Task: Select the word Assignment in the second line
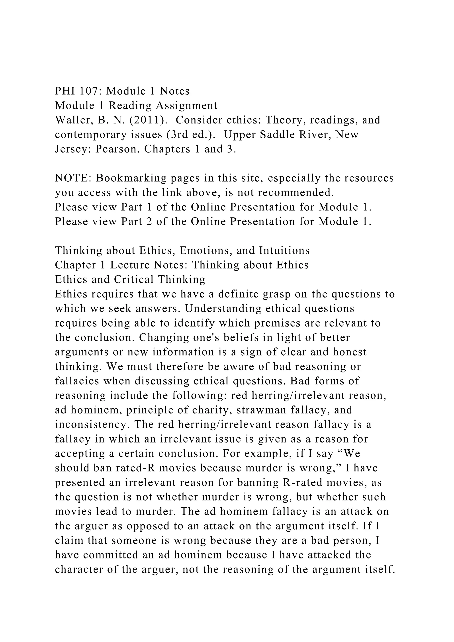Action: tap(186, 106)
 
